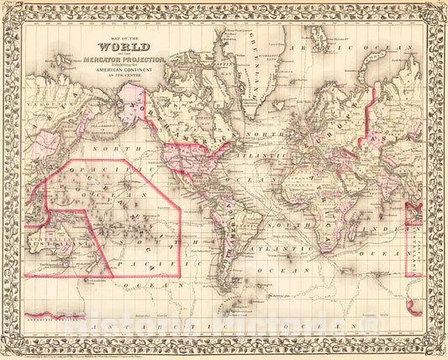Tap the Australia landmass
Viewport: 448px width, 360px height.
tap(50, 244)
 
